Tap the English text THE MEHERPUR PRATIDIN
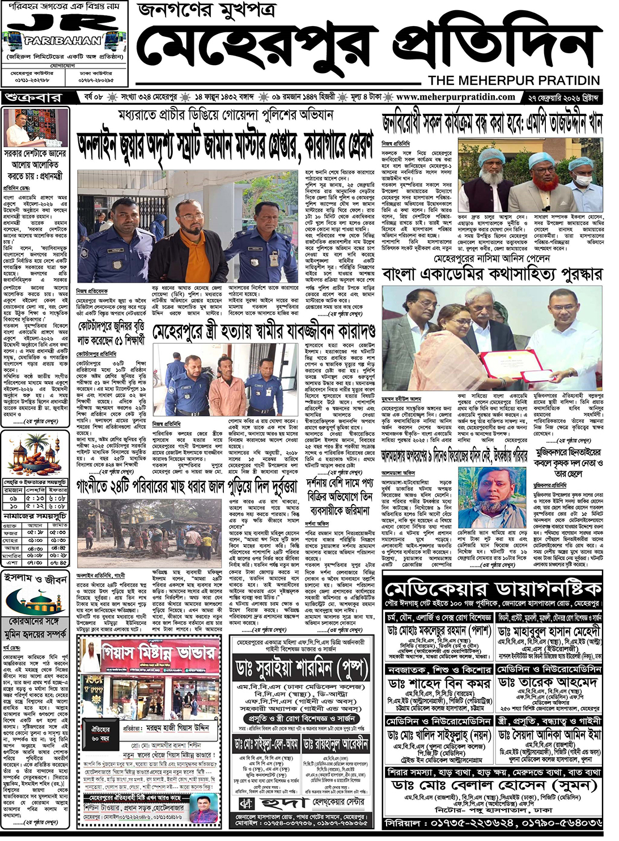514,80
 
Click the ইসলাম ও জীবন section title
36,579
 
